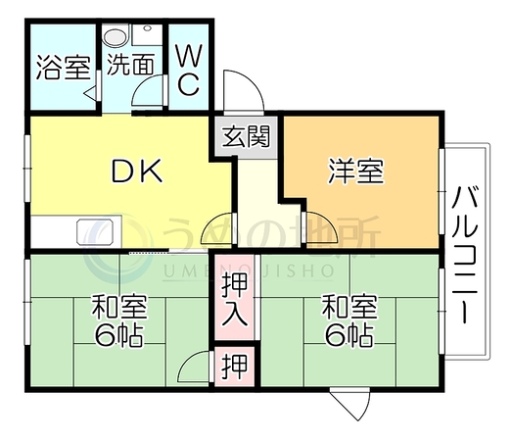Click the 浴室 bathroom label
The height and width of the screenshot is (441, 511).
pos(63,68)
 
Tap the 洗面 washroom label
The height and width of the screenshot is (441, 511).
pos(131,64)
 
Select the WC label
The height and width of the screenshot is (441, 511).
pos(188,71)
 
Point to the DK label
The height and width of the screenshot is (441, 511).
pos(137,171)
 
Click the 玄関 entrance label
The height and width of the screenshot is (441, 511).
pos(247,136)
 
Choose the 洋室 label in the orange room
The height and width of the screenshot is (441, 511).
pos(356,171)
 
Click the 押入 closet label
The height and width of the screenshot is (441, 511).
pos(234,300)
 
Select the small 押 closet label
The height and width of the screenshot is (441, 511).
pos(234,367)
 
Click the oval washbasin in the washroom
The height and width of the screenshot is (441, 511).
pos(116,36)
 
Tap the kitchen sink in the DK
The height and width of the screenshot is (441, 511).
pos(95,232)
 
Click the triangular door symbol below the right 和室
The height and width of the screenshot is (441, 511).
pos(350,404)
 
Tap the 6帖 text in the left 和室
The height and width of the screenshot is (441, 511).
pos(119,335)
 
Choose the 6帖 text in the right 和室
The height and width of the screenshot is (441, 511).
pos(349,335)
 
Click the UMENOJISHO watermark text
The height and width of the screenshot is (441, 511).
pos(248,270)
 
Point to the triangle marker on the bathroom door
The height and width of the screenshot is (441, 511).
pos(91,93)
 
